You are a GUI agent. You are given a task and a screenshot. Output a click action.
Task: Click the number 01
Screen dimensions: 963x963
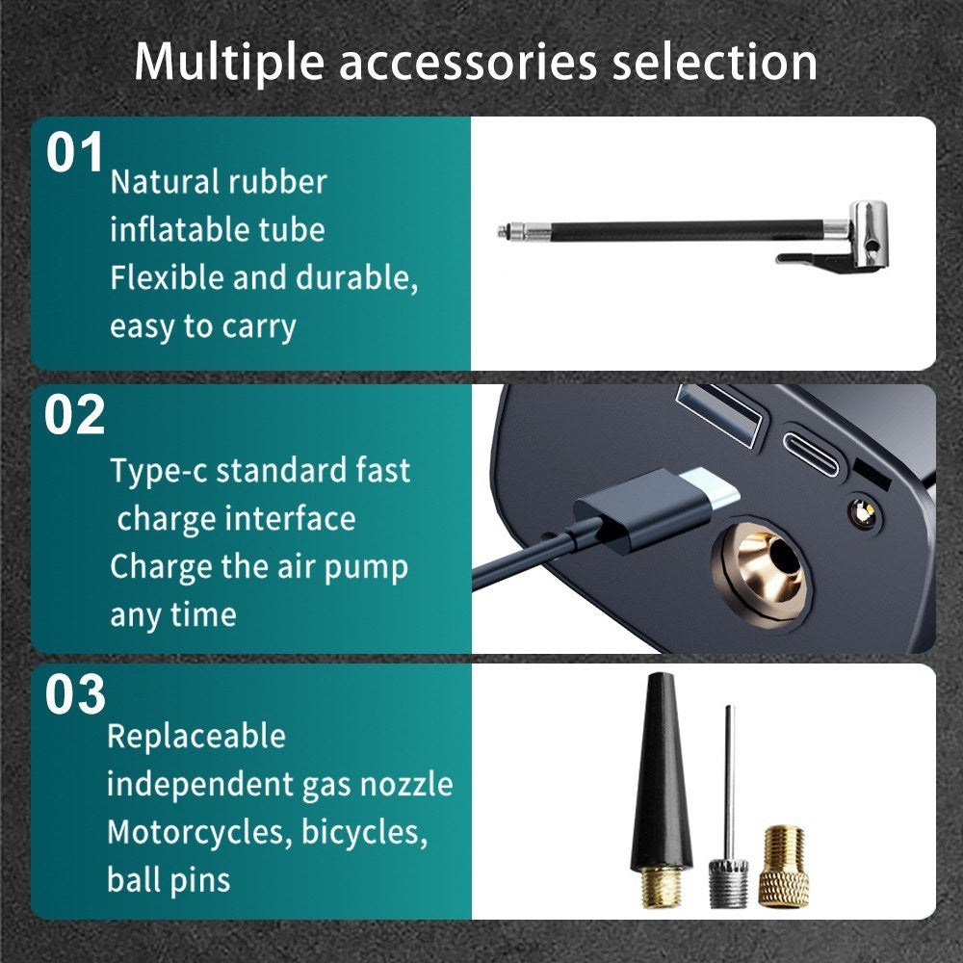click(x=74, y=153)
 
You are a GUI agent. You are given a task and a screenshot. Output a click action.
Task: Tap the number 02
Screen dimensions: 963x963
click(x=74, y=415)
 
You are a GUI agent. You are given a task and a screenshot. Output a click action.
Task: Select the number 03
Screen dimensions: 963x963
click(x=75, y=694)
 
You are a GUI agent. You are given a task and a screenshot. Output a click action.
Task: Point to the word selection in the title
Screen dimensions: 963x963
click(x=715, y=62)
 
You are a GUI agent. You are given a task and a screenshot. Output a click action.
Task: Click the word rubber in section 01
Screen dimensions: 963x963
click(x=277, y=182)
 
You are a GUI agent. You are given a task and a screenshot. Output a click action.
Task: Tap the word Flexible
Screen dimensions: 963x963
click(x=167, y=277)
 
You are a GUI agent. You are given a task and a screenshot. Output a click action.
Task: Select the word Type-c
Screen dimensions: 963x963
click(x=159, y=472)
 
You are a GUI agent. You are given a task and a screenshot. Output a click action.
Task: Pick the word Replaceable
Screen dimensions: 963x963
click(x=196, y=737)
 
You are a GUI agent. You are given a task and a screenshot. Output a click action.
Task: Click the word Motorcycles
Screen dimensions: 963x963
click(x=200, y=832)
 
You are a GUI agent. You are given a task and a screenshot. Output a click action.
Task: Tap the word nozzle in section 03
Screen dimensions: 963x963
click(x=406, y=784)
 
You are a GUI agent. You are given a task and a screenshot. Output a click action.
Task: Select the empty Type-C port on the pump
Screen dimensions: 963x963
click(x=811, y=454)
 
